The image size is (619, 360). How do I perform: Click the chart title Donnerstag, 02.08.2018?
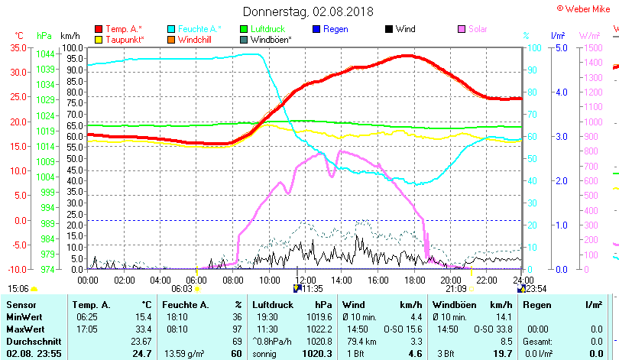(308, 11)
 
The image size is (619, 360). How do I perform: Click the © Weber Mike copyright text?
(587, 8)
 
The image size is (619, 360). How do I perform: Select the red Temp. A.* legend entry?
(123, 29)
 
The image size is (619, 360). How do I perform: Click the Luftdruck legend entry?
(268, 29)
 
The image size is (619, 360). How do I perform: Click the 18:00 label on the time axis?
(413, 280)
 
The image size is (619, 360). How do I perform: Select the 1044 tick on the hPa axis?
(45, 54)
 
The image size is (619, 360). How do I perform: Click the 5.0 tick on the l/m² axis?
(559, 47)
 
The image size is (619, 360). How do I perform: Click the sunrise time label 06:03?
(182, 289)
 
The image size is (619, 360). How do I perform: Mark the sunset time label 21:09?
(455, 289)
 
